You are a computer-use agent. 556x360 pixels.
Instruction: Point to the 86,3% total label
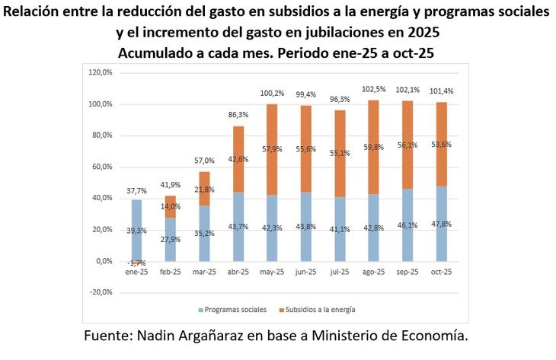[238, 115]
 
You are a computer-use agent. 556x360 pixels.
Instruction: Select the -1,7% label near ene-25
[137, 263]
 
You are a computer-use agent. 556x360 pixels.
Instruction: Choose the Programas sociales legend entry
[232, 310]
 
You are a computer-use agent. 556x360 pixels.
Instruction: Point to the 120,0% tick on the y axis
[101, 72]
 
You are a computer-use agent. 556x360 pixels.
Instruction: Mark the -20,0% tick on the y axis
[101, 292]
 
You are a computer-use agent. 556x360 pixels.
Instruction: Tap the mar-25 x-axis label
[203, 271]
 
